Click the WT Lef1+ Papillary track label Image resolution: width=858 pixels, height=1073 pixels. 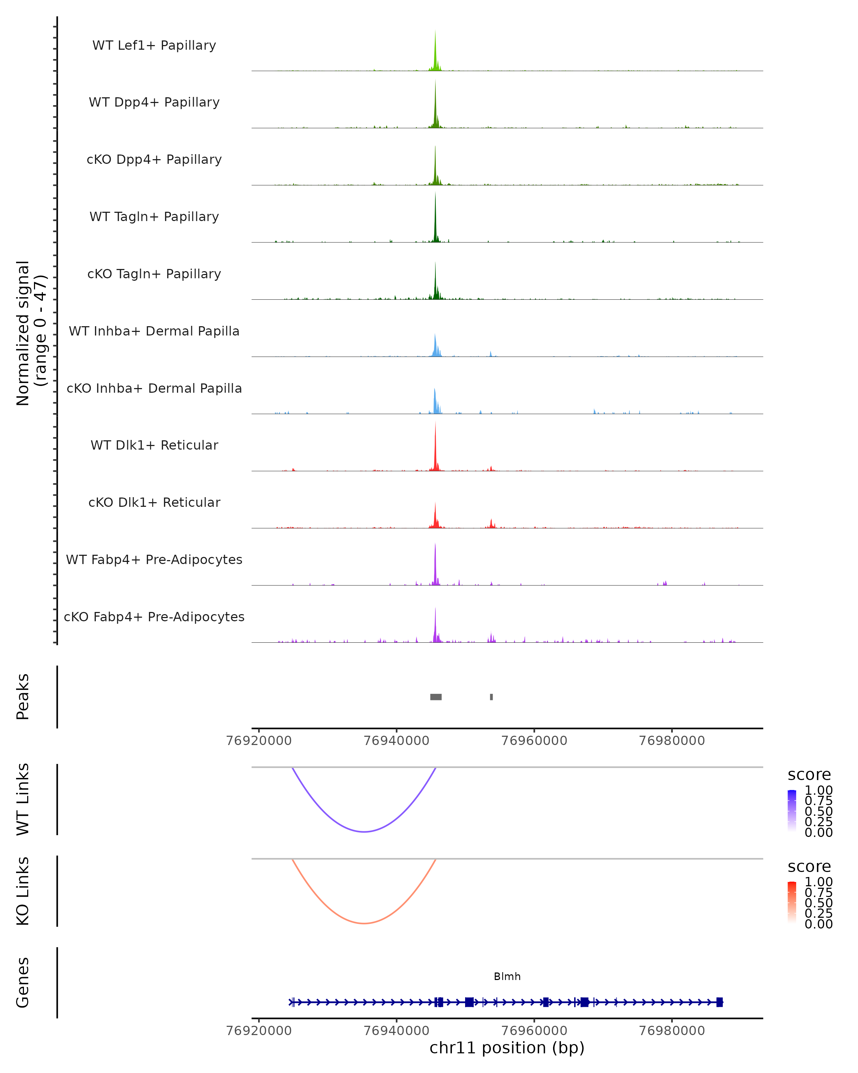[154, 45]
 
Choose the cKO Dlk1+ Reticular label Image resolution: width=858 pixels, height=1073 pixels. [154, 502]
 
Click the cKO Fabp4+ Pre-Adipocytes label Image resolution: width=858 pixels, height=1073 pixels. [154, 617]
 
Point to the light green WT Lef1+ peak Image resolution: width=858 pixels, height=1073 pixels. [435, 50]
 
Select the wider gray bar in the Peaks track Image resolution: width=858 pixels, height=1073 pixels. [436, 697]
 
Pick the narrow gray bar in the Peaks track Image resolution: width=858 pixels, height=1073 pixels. [492, 697]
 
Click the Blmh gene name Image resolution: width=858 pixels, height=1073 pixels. [507, 976]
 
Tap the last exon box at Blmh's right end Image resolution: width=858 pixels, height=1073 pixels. [719, 1002]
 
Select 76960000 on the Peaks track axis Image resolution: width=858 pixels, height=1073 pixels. [534, 741]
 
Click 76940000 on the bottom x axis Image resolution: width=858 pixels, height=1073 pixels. [396, 1031]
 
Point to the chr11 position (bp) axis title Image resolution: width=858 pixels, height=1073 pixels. [507, 1048]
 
